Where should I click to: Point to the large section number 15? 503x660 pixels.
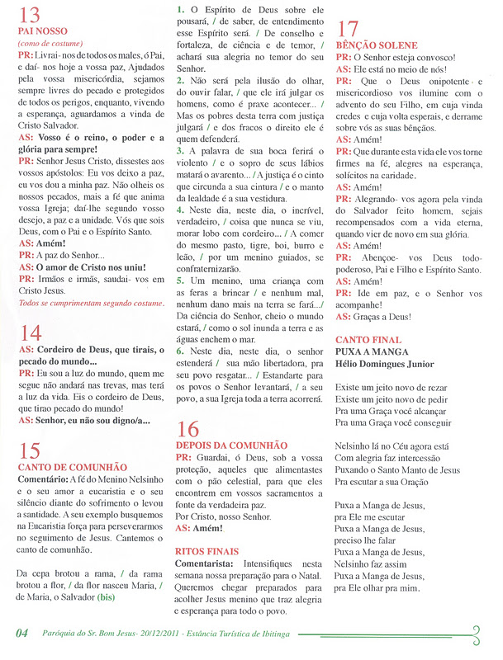(x=29, y=450)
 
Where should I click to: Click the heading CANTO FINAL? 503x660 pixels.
(x=369, y=340)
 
